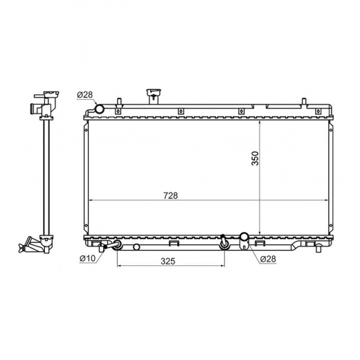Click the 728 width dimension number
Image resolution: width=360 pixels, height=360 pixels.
click(x=171, y=195)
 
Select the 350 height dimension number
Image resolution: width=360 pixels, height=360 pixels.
click(x=255, y=159)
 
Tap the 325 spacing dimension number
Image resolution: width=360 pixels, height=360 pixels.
click(x=168, y=261)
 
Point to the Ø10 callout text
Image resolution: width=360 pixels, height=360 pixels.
click(x=87, y=258)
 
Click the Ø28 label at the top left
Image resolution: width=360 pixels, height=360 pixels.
click(x=85, y=95)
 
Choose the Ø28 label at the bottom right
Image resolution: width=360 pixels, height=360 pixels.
click(x=268, y=259)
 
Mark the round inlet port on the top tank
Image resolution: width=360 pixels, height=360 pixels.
click(x=100, y=109)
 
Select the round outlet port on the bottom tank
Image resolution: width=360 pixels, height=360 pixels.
click(x=244, y=236)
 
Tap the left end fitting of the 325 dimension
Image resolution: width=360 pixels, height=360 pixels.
click(x=117, y=244)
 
